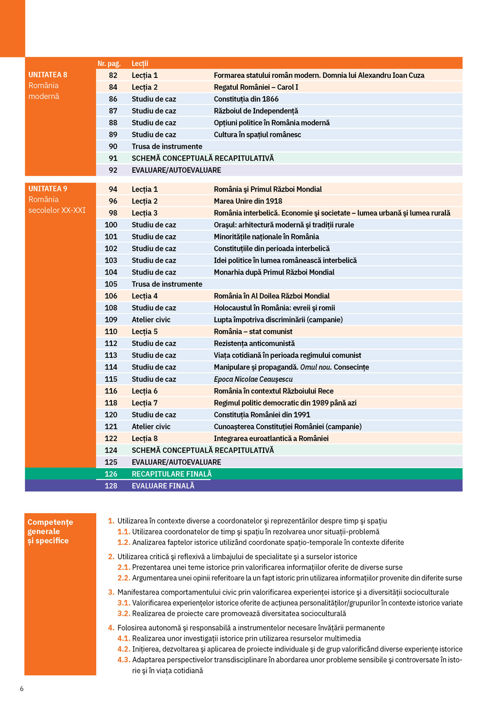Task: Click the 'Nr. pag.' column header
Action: point(109,64)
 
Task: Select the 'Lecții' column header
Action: point(140,64)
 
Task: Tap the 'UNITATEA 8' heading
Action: point(48,75)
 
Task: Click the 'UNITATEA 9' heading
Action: point(48,189)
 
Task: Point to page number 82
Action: point(113,75)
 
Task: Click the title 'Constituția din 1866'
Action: point(246,99)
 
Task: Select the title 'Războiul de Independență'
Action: point(256,111)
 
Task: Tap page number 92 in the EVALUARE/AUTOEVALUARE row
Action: point(113,170)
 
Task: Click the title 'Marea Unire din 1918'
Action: point(248,201)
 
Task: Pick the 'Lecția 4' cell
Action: point(144,296)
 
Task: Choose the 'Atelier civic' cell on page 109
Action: point(151,320)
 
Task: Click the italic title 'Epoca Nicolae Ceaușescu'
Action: point(253,379)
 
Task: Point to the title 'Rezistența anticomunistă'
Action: point(254,344)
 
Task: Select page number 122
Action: point(111,439)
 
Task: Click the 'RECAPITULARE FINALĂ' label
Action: point(172,474)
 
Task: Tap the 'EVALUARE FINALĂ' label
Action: point(163,486)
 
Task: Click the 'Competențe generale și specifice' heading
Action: point(50,531)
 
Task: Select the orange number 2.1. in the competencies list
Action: point(124,567)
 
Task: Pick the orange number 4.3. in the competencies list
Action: point(124,660)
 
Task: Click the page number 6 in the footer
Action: point(21,688)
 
